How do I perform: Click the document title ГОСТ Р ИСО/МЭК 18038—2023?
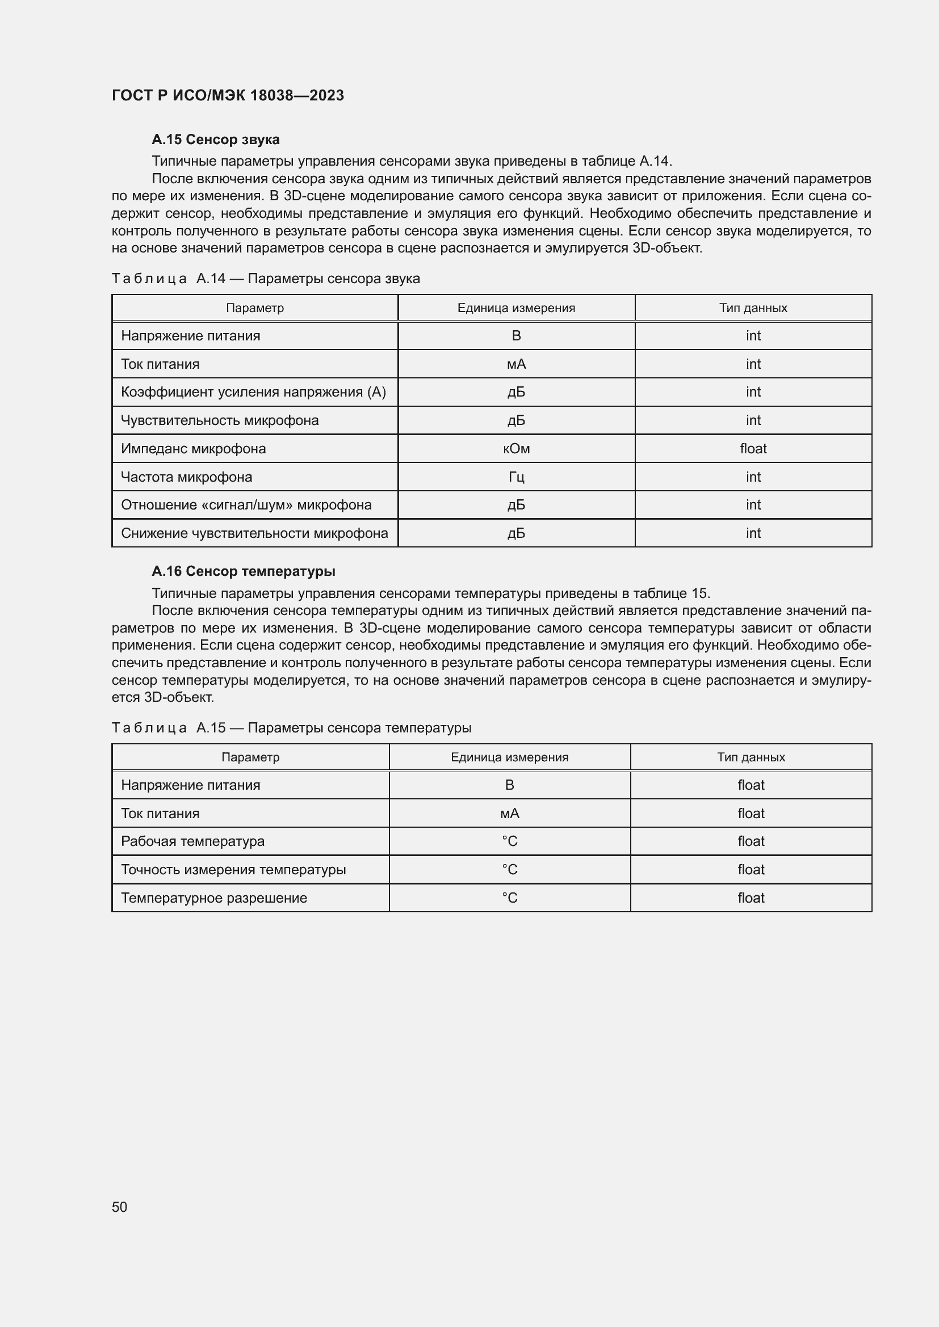(x=228, y=95)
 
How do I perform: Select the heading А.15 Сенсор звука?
(x=215, y=140)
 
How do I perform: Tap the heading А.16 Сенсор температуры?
(x=243, y=571)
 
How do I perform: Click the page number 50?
(x=120, y=1207)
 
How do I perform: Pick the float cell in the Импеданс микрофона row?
(x=753, y=449)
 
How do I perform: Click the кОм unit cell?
(x=515, y=449)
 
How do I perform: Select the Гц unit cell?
(x=515, y=477)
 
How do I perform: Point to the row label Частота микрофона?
(x=186, y=477)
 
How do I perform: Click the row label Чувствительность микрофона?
(x=220, y=420)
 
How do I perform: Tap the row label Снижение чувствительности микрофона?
(x=254, y=533)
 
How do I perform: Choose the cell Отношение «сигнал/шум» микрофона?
(x=246, y=504)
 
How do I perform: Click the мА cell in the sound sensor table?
(x=515, y=364)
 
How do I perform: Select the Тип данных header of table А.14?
(x=753, y=308)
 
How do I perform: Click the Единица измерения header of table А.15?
(x=509, y=757)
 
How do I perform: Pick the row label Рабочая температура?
(x=192, y=841)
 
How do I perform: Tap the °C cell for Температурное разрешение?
(x=509, y=898)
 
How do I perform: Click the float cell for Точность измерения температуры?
(x=751, y=869)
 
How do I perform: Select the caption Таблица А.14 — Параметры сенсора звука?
(x=266, y=279)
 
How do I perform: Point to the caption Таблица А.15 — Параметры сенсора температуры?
(x=291, y=728)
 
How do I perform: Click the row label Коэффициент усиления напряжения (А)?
(x=253, y=392)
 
